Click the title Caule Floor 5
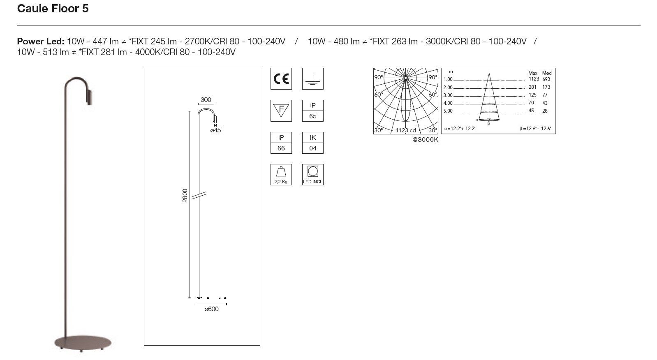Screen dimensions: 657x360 (x=53, y=9)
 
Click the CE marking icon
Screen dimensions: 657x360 (x=281, y=78)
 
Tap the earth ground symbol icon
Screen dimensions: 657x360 (x=312, y=78)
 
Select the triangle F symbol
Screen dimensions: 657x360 (x=281, y=111)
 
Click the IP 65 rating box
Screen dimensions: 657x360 (x=312, y=111)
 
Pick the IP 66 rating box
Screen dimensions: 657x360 (x=281, y=143)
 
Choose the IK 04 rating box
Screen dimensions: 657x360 (x=312, y=143)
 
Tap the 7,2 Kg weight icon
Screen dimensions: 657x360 (x=281, y=175)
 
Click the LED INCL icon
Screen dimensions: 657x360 (x=312, y=175)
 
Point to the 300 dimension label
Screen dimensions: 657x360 (x=206, y=100)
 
